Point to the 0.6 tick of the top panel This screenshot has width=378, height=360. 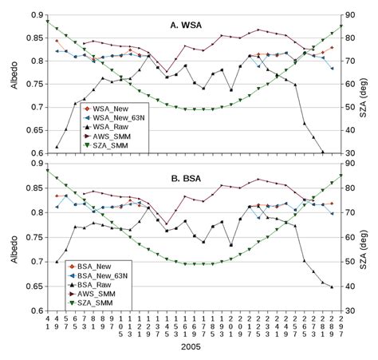point(32,153)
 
